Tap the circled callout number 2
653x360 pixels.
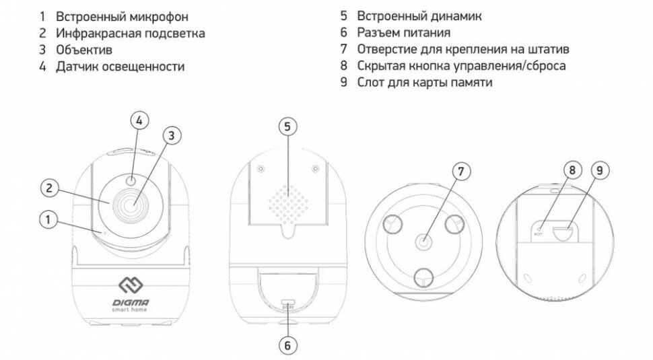click(x=48, y=188)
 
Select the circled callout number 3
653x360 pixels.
click(x=172, y=136)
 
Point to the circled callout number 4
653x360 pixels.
click(x=139, y=121)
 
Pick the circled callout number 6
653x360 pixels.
click(x=287, y=345)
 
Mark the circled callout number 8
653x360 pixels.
click(x=571, y=170)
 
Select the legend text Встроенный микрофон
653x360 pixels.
click(x=113, y=15)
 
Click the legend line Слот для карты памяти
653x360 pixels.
click(x=425, y=83)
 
